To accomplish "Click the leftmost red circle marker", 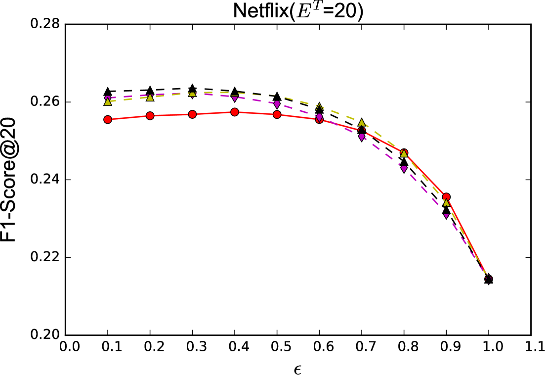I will tap(108, 119).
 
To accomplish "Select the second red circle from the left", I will tap(150, 116).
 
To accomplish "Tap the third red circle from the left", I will tap(192, 114).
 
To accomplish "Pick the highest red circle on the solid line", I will tap(235, 112).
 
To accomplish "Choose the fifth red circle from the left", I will tap(277, 114).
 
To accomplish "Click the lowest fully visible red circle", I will tap(446, 197).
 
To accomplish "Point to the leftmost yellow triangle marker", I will tap(108, 102).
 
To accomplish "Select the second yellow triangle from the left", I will tap(150, 97).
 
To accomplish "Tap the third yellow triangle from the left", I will tap(192, 93).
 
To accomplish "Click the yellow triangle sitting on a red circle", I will tap(404, 153).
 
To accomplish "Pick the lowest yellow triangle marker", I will tap(446, 203).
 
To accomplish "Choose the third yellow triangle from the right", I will tap(362, 123).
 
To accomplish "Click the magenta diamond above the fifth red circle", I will tap(277, 104).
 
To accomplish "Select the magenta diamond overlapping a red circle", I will tap(319, 117).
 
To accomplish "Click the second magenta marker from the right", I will tap(404, 169).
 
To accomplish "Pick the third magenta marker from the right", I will tap(362, 137).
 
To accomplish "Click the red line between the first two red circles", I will tap(129, 118).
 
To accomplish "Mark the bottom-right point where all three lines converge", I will tap(488, 278).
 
